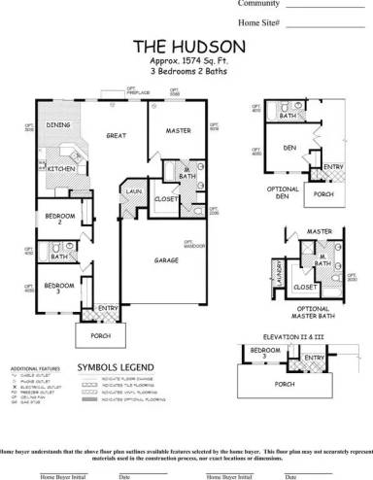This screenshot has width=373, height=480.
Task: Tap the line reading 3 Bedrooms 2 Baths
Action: (174, 72)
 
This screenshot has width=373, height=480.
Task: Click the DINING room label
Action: (58, 125)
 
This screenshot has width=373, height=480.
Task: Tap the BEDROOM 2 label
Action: (52, 219)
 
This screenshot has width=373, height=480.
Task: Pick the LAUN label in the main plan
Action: (134, 193)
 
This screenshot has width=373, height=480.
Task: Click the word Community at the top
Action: (258, 4)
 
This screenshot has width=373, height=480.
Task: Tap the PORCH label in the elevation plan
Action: (285, 383)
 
